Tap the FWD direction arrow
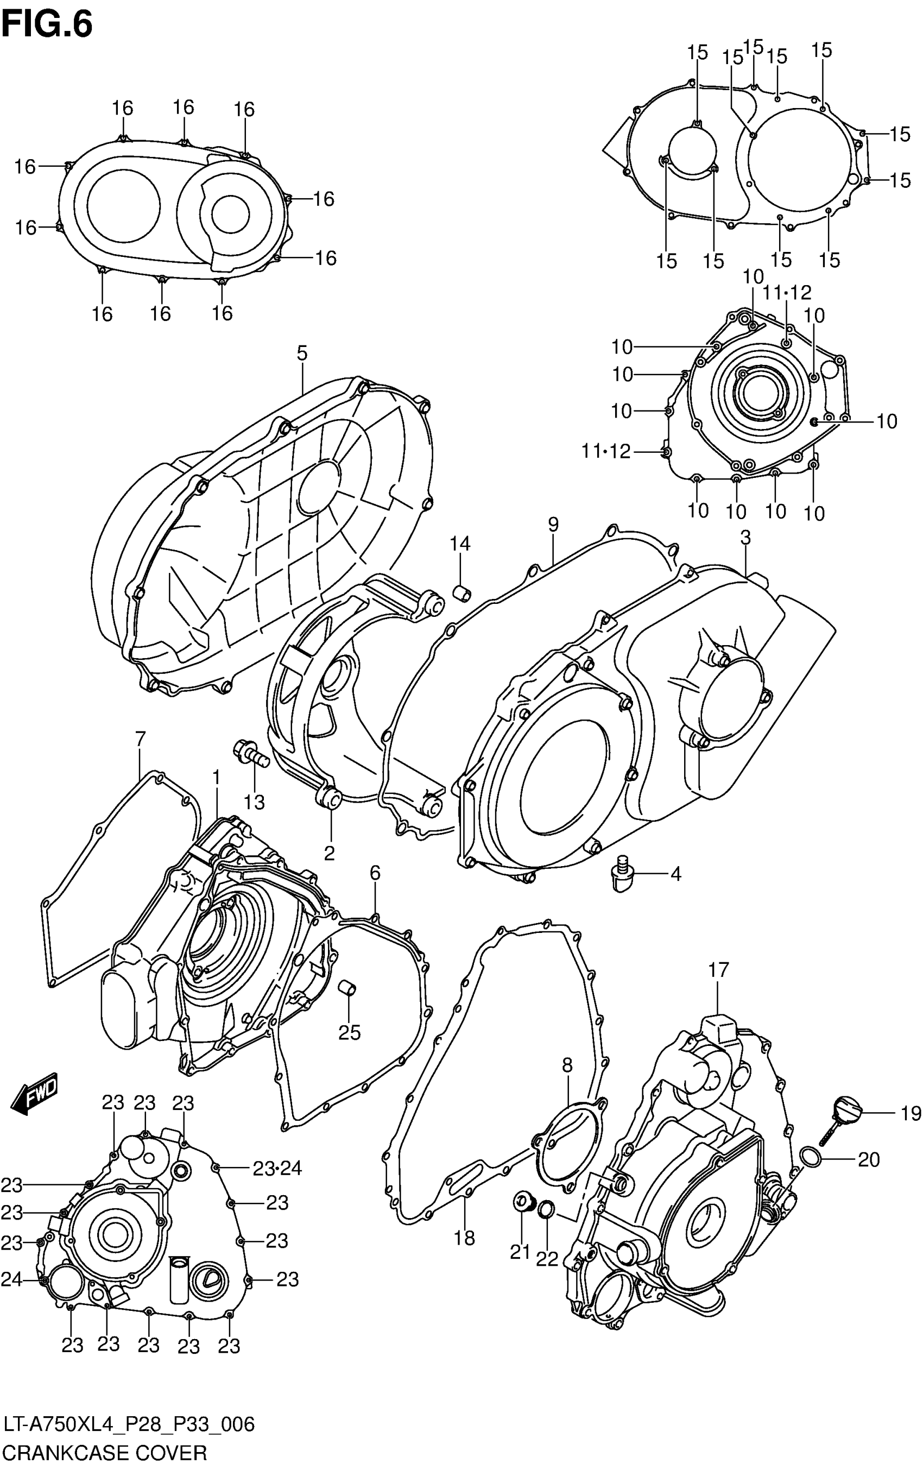(x=35, y=1101)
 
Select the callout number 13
(x=254, y=802)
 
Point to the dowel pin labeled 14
(x=461, y=591)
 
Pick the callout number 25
(x=350, y=1032)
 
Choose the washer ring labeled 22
(x=547, y=1208)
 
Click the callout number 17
(x=718, y=969)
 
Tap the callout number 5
(x=301, y=353)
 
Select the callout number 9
(x=553, y=525)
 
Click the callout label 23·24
(x=277, y=1169)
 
